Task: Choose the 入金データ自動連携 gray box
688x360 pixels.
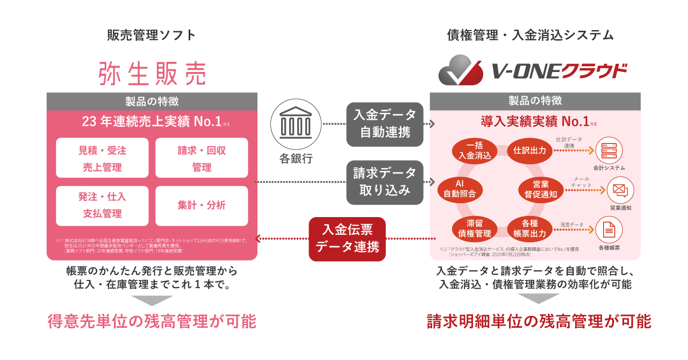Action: click(384, 124)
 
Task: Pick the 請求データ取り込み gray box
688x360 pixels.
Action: click(384, 182)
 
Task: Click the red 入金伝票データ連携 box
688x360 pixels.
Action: click(347, 239)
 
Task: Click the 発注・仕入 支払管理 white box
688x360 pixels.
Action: click(102, 205)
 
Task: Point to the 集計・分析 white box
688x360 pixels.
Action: click(202, 205)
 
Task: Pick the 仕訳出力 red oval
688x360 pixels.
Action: click(529, 150)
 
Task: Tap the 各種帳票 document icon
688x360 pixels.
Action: click(609, 230)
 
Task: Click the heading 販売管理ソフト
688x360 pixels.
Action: click(152, 35)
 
